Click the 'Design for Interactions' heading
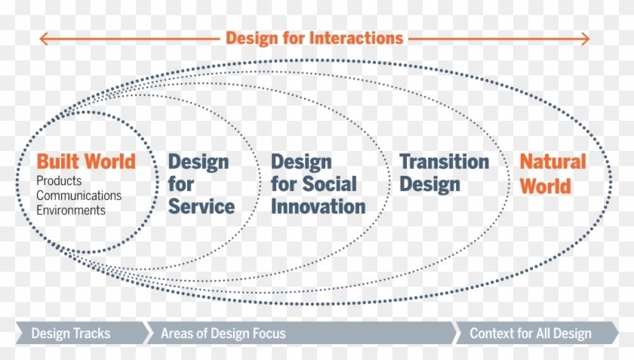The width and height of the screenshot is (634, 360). click(314, 37)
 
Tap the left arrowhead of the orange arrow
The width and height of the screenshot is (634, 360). click(43, 38)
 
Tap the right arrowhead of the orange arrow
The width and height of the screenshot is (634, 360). click(586, 38)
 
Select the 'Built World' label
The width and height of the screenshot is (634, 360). click(86, 162)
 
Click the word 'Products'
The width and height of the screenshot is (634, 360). click(59, 181)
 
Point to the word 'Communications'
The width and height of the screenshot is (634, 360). click(78, 195)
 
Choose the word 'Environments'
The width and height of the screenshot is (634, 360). click(71, 211)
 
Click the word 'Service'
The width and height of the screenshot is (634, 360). click(202, 206)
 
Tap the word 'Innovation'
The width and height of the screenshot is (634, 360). click(318, 206)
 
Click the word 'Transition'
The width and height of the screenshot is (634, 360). click(445, 162)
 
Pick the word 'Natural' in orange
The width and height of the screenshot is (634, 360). click(552, 162)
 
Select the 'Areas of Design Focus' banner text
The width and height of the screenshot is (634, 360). click(212, 333)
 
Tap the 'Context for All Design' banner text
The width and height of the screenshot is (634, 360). click(530, 333)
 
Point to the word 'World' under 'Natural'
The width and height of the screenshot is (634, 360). click(546, 185)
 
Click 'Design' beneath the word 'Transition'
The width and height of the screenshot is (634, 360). click(429, 184)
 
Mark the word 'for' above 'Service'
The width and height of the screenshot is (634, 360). click(181, 183)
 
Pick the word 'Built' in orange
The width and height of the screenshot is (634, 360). click(58, 162)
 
